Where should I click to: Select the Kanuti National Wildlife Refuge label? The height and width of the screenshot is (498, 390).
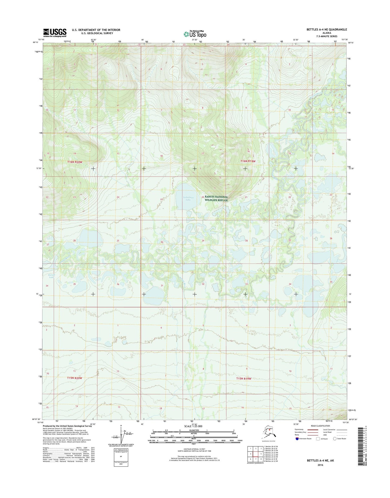tap(216, 198)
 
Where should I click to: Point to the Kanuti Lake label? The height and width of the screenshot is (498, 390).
tap(51, 276)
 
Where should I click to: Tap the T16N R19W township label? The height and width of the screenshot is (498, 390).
tap(248, 161)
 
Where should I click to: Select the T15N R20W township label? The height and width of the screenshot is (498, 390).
tap(74, 378)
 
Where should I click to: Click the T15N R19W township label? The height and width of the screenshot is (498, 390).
tap(244, 379)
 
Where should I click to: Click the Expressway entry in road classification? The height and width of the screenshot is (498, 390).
tap(300, 429)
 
